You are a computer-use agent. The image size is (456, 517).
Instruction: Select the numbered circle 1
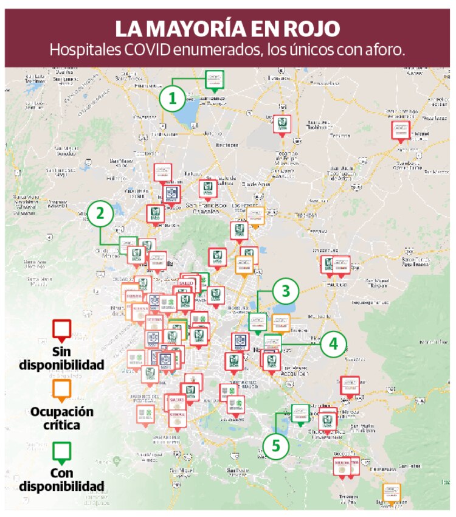(x=173, y=99)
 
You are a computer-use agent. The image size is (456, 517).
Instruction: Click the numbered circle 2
(x=101, y=213)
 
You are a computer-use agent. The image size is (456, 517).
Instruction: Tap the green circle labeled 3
(x=285, y=291)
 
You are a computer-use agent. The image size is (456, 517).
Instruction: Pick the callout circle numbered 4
(x=332, y=344)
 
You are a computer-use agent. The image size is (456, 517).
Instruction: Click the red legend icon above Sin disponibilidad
(x=61, y=331)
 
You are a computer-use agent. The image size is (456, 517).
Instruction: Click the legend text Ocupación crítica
(x=61, y=418)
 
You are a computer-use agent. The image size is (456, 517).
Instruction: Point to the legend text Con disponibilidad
(x=61, y=480)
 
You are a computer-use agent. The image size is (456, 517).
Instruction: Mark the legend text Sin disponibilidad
(x=61, y=359)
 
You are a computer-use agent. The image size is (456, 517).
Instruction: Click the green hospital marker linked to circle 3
(x=258, y=322)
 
